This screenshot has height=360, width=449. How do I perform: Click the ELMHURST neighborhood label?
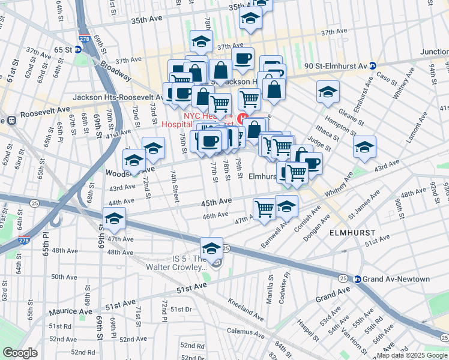[353, 232]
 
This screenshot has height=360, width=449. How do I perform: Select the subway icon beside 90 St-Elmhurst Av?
[372, 66]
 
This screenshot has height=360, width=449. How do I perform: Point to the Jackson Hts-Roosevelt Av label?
[118, 97]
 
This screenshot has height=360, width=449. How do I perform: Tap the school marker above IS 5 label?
[211, 247]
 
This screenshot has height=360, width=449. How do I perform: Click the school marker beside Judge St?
[364, 147]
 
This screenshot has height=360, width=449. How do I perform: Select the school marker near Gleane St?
[328, 92]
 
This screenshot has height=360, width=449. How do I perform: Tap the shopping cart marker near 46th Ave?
[264, 209]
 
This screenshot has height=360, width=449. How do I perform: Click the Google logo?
[20, 353]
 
